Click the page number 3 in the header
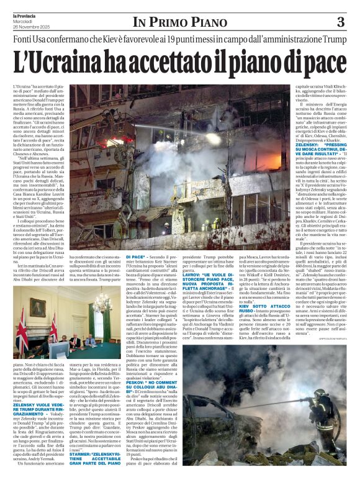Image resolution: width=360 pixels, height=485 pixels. pyautogui.click(x=340, y=22)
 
